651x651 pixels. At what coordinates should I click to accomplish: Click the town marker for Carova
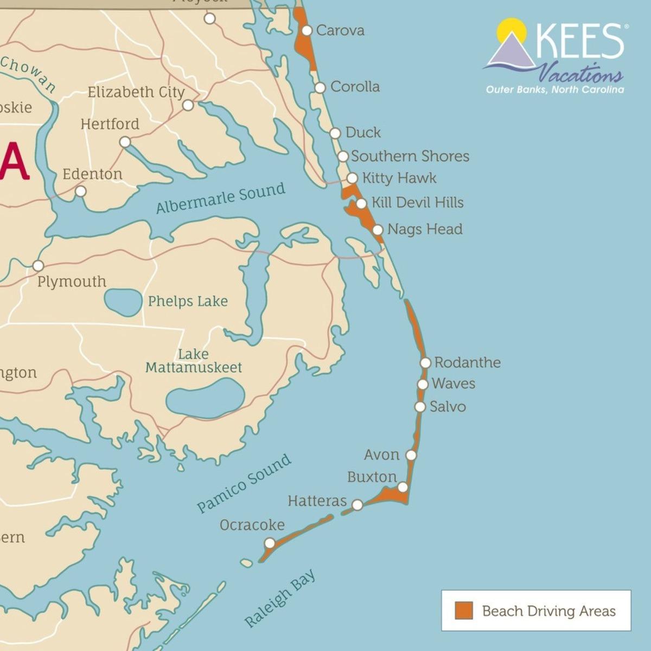click(x=307, y=30)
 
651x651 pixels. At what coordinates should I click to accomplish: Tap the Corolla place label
click(x=355, y=87)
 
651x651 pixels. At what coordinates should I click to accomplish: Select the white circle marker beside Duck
click(x=335, y=133)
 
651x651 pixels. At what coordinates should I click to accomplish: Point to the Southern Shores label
click(x=410, y=156)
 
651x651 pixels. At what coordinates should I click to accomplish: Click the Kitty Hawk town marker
click(x=352, y=178)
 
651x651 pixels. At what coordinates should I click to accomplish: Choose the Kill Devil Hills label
click(x=417, y=202)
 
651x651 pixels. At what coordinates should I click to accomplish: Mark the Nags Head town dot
click(x=378, y=229)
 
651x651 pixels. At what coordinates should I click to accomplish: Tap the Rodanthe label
click(x=467, y=362)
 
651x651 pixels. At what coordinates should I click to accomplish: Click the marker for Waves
click(x=423, y=384)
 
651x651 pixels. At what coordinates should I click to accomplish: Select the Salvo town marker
click(x=420, y=406)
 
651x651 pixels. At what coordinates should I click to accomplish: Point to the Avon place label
click(x=381, y=455)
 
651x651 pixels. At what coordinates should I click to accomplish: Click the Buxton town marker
click(x=403, y=487)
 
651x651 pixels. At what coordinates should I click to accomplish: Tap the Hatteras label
click(x=317, y=501)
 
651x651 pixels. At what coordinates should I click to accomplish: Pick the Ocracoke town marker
click(x=270, y=543)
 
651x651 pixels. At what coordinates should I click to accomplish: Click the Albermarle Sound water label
click(x=220, y=199)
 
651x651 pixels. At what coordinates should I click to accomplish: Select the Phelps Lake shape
click(x=123, y=303)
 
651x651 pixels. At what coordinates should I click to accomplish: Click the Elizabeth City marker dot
click(x=188, y=105)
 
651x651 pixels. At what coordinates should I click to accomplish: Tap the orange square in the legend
click(x=464, y=610)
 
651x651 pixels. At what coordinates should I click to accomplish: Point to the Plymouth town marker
click(x=38, y=266)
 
